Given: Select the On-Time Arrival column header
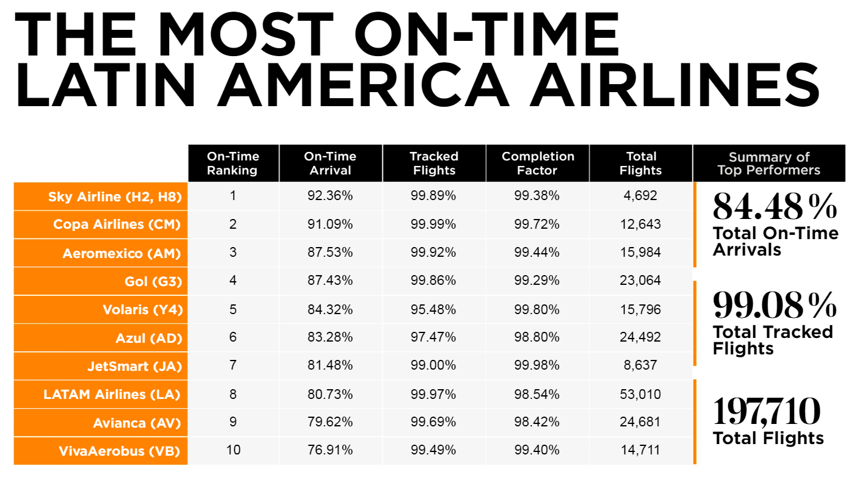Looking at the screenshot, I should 330,163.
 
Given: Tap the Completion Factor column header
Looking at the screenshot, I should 538,163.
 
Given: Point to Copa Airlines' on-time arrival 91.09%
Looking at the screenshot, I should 330,224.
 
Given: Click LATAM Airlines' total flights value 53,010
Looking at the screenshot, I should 640,394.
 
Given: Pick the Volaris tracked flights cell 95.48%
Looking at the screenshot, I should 433,309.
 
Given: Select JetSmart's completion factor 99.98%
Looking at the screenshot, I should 537,365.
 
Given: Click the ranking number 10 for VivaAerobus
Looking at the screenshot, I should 233,450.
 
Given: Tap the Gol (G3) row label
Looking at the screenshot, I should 153,281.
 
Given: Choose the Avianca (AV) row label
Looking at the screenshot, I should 137,423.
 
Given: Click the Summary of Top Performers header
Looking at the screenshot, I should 768,163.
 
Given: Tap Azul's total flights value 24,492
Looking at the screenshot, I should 640,337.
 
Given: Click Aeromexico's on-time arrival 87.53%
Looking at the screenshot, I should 330,253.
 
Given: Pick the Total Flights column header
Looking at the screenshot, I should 640,163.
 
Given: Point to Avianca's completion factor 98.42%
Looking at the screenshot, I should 537,422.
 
